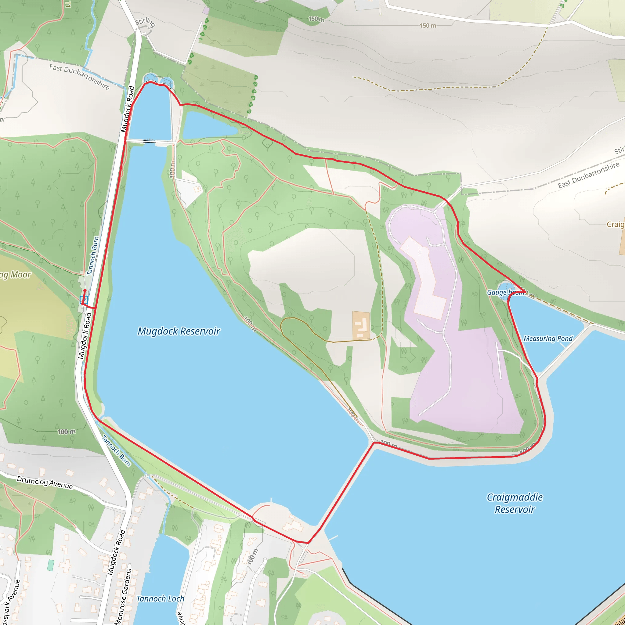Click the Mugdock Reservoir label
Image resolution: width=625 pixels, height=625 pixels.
(x=179, y=331)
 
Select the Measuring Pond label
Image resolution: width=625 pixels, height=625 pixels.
(x=548, y=338)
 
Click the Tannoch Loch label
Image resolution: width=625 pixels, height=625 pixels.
(x=160, y=599)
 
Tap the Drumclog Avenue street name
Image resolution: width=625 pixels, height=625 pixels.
(x=45, y=482)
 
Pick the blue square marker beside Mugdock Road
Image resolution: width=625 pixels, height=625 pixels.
(x=84, y=300)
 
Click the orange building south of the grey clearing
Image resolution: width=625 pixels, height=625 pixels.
(x=361, y=325)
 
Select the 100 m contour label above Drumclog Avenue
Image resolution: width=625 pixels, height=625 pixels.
(x=67, y=432)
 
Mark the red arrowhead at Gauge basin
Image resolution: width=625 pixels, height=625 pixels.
(x=523, y=291)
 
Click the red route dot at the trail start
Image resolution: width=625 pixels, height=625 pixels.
(x=85, y=291)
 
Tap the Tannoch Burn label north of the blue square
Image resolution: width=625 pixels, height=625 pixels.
(x=92, y=255)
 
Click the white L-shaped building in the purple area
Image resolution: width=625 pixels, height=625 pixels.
(x=424, y=278)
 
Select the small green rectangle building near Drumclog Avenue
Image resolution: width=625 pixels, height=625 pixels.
(x=50, y=565)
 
